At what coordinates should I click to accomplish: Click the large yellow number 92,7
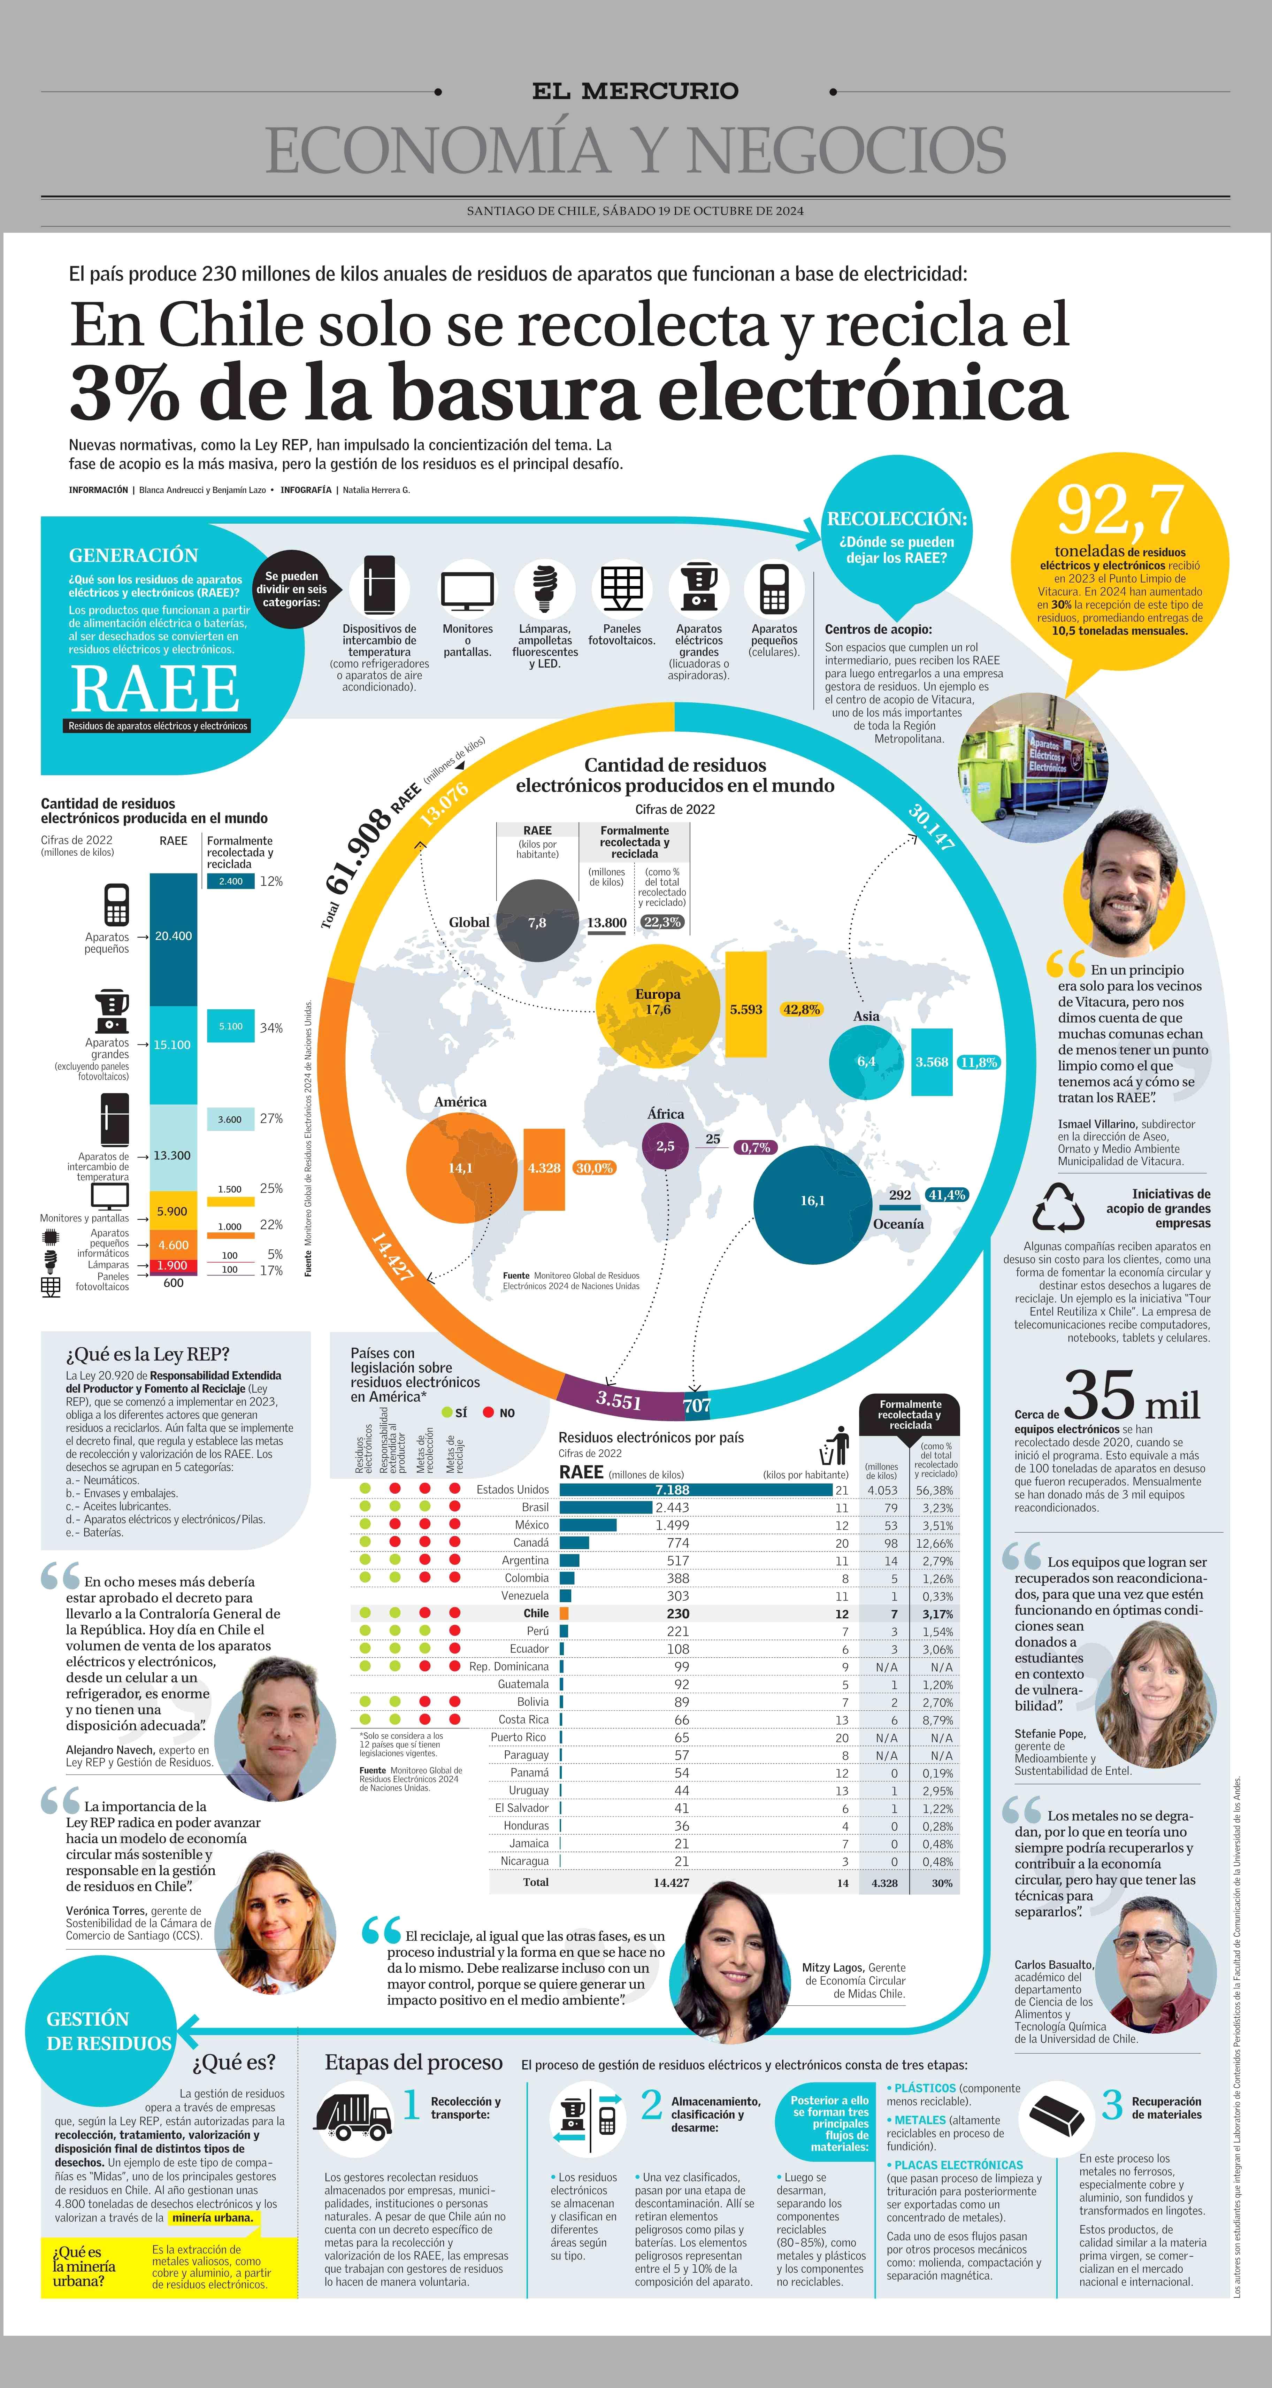(1120, 510)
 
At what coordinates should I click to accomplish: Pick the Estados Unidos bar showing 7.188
(695, 1490)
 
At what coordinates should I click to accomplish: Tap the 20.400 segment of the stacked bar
(173, 936)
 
